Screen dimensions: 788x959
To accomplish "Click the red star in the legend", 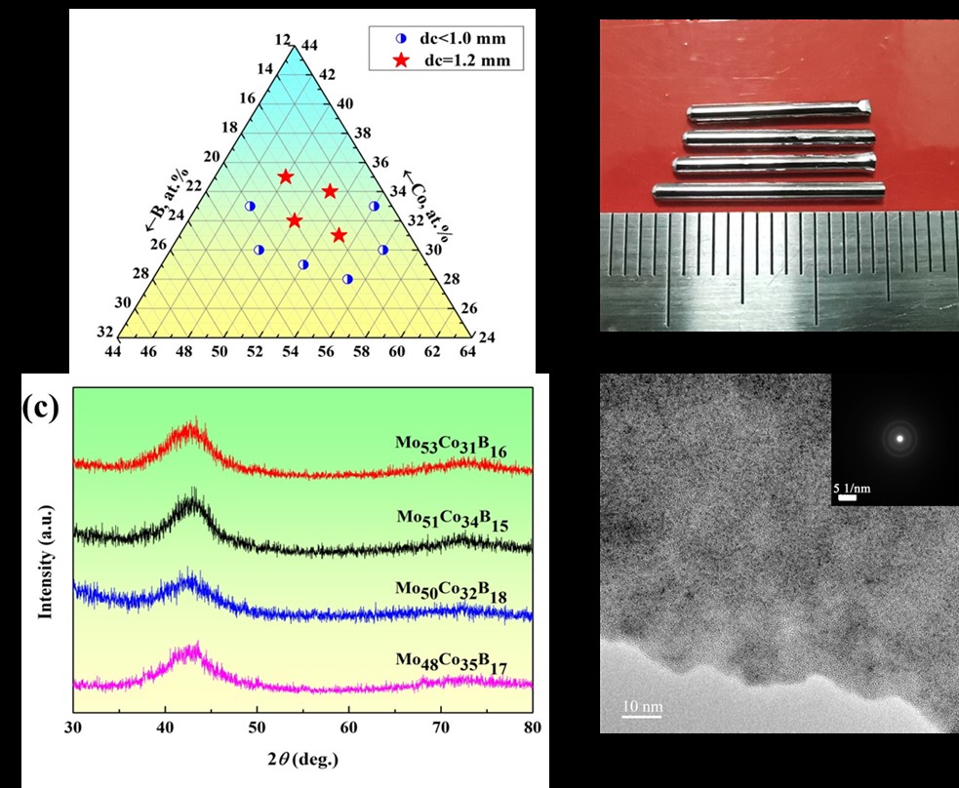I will [x=401, y=60].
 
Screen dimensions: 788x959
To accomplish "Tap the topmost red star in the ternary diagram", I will [x=286, y=177].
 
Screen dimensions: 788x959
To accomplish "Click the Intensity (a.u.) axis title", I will [x=45, y=560].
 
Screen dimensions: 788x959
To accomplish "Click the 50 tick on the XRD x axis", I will [x=257, y=727].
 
